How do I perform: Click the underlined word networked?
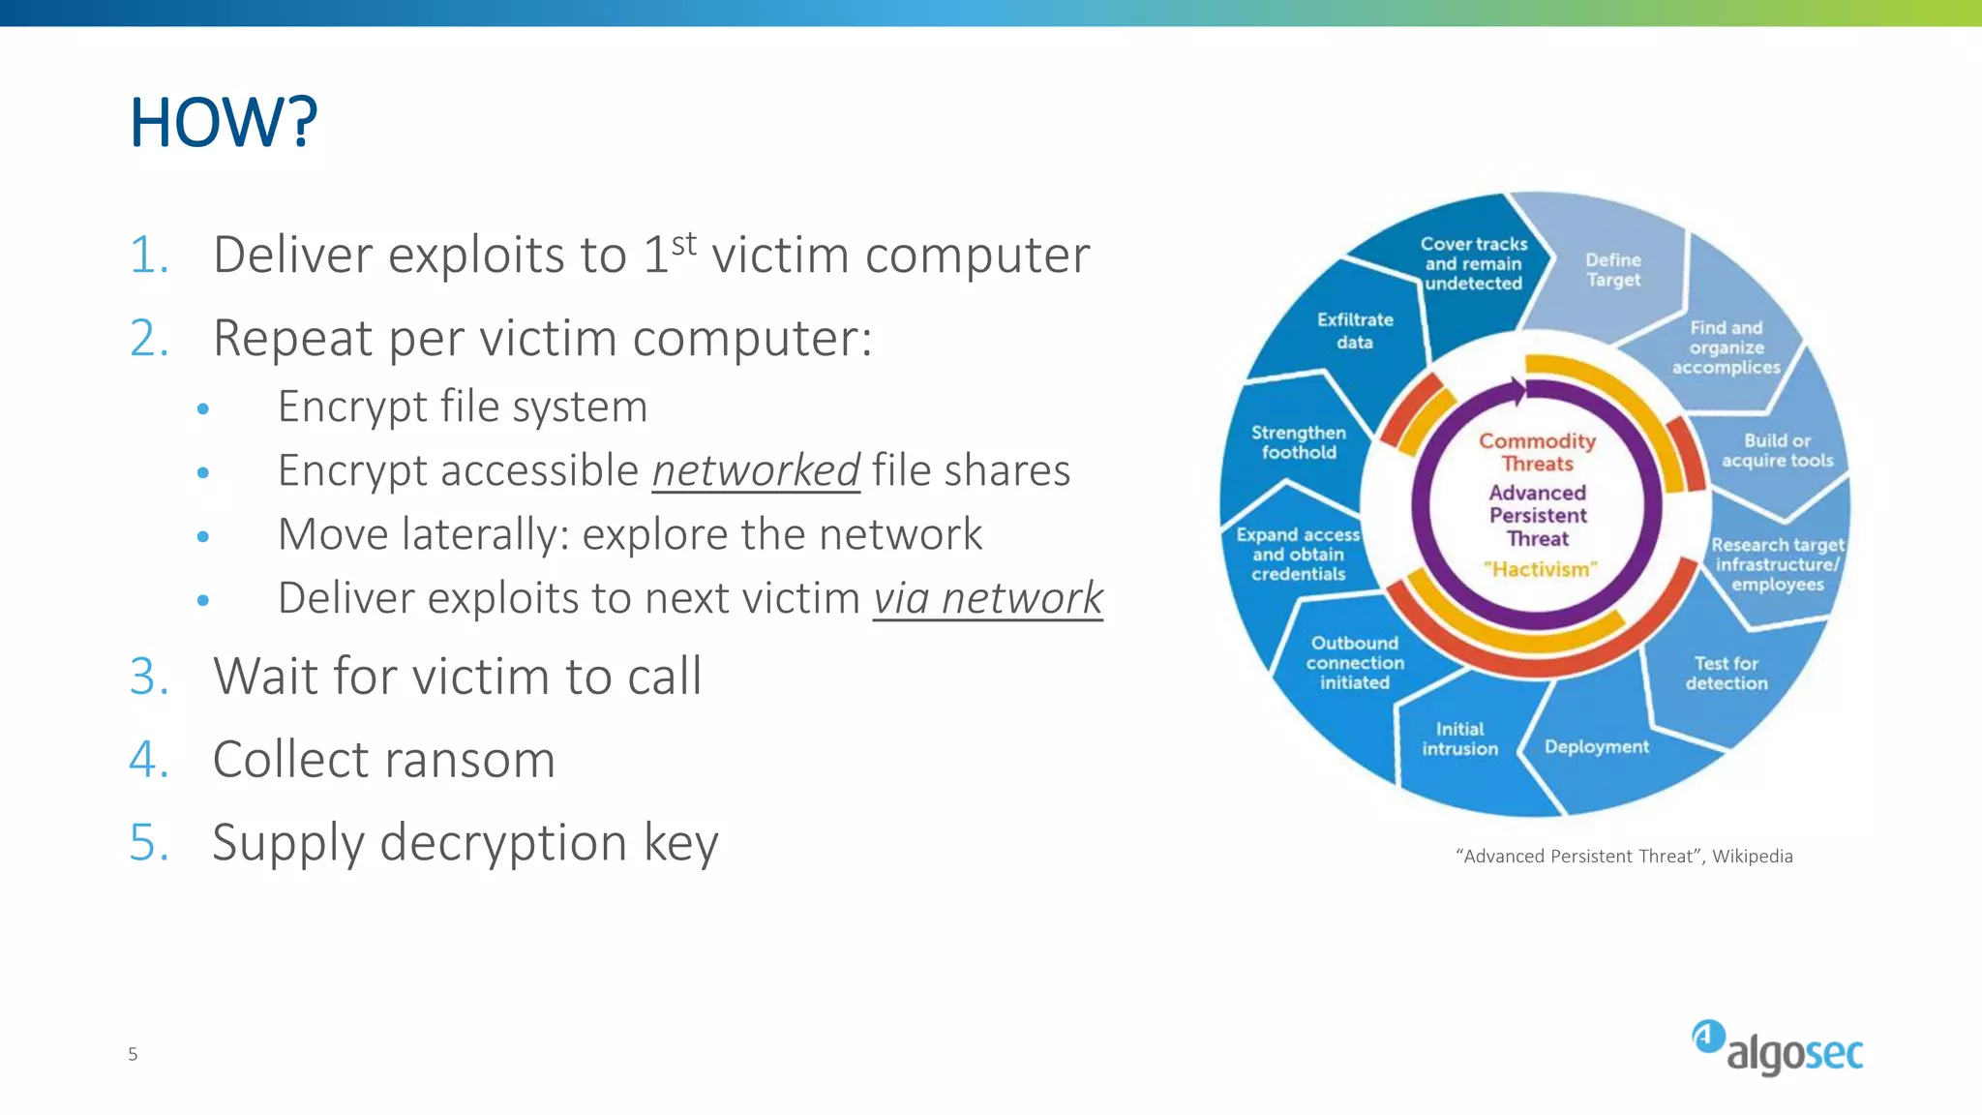click(x=755, y=470)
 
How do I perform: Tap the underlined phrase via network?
click(x=987, y=598)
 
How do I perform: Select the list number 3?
click(x=149, y=676)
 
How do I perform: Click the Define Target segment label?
click(x=1613, y=270)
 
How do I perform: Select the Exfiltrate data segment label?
click(x=1355, y=330)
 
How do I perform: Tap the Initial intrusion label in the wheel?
click(x=1459, y=738)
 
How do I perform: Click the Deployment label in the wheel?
click(x=1596, y=746)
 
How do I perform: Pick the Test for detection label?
click(x=1726, y=673)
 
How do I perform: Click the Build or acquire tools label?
click(x=1777, y=450)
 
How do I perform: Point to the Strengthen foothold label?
click(x=1298, y=442)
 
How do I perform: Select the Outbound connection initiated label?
click(x=1355, y=662)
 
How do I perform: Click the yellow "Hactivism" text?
click(x=1540, y=569)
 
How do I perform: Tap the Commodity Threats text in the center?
click(x=1537, y=452)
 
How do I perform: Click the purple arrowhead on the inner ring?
click(x=1517, y=391)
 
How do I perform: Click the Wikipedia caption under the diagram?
click(x=1624, y=857)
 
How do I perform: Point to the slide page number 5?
click(x=133, y=1054)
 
